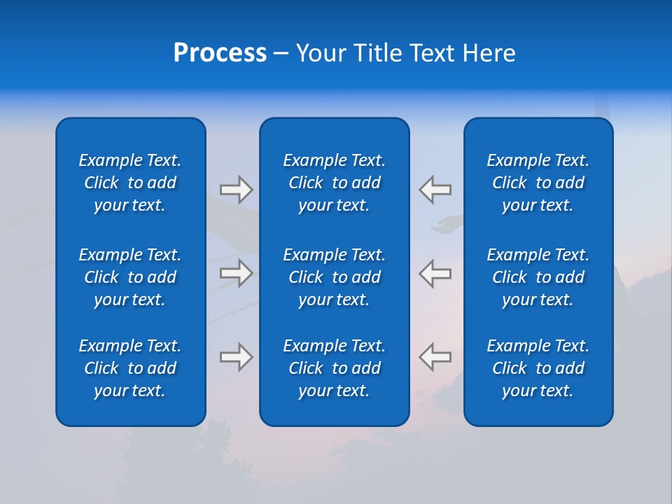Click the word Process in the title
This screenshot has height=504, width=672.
coord(220,53)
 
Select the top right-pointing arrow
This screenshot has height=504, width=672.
coord(236,190)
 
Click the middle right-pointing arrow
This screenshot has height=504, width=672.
coord(236,273)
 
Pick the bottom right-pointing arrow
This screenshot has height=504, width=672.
coord(236,357)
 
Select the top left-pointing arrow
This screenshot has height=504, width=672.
coord(435,190)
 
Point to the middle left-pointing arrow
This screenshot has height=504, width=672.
coord(435,273)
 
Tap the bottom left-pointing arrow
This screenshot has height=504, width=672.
coord(435,357)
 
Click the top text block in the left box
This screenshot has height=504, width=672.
coord(130,183)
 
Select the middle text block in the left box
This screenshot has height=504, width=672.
coord(130,277)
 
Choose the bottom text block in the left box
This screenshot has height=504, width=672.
coord(130,368)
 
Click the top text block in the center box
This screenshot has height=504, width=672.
coord(335,183)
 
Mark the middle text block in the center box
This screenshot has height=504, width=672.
coord(335,277)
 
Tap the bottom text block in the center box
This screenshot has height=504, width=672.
coord(335,368)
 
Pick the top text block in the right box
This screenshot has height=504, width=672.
coord(538,183)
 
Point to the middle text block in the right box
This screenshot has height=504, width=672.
coord(538,277)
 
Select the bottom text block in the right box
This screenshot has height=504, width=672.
coord(538,368)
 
